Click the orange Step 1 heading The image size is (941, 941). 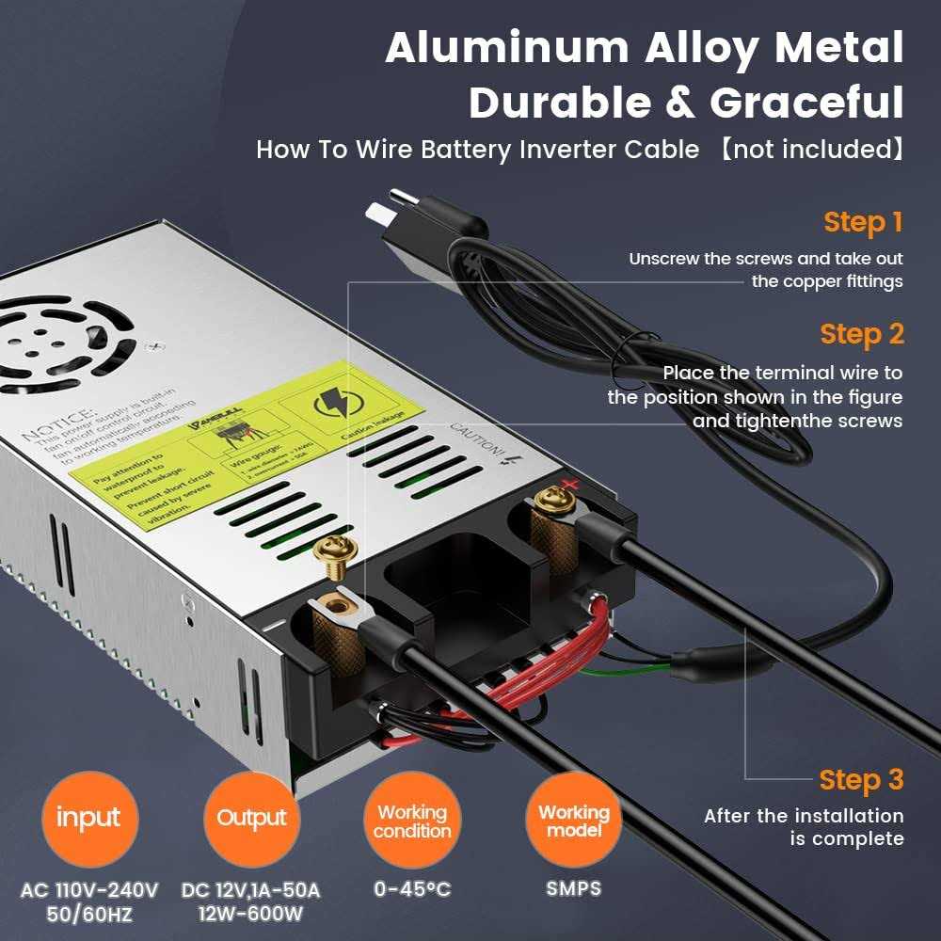tap(863, 222)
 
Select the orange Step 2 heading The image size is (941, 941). tap(862, 334)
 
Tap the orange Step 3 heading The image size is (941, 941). tap(861, 779)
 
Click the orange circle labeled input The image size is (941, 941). tap(88, 818)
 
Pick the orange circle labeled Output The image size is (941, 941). tap(250, 818)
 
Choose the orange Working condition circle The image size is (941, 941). tap(411, 821)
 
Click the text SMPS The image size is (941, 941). tap(573, 888)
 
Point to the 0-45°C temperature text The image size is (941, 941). tap(411, 888)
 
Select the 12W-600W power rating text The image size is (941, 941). tap(250, 912)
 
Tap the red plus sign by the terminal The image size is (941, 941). tap(567, 486)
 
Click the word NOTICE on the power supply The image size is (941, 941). tap(56, 423)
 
